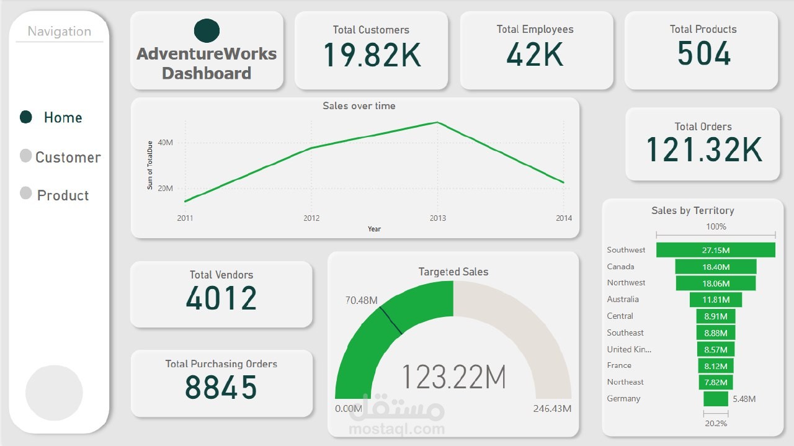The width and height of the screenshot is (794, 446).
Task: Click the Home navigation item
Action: tap(62, 117)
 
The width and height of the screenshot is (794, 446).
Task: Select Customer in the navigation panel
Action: tap(67, 157)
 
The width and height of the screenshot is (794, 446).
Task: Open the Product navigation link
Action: tap(63, 195)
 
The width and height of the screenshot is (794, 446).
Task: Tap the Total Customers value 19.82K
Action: tap(372, 55)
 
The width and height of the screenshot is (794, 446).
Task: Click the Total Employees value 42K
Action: tap(535, 55)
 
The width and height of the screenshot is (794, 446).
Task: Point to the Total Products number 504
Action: tap(703, 54)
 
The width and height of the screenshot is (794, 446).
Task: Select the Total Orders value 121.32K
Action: tap(703, 150)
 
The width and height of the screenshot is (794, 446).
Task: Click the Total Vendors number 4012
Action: tap(221, 298)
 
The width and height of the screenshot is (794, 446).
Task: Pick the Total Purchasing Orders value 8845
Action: tap(221, 388)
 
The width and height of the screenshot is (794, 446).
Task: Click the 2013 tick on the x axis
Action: tap(437, 218)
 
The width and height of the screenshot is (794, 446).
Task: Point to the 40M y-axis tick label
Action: tap(165, 143)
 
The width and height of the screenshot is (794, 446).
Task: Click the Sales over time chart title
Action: tap(359, 106)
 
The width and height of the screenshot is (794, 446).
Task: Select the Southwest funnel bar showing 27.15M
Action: tap(715, 250)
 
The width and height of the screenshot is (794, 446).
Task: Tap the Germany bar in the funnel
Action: tap(715, 399)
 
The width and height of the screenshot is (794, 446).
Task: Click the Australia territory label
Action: tap(623, 300)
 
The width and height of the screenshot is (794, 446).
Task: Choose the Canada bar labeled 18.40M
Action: tap(715, 267)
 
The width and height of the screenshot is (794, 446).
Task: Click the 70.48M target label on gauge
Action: tap(361, 301)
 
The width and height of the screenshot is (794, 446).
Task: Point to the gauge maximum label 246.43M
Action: tap(552, 409)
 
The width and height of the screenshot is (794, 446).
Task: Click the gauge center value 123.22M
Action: tap(454, 377)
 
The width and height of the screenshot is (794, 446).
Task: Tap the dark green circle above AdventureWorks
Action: tap(207, 30)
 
